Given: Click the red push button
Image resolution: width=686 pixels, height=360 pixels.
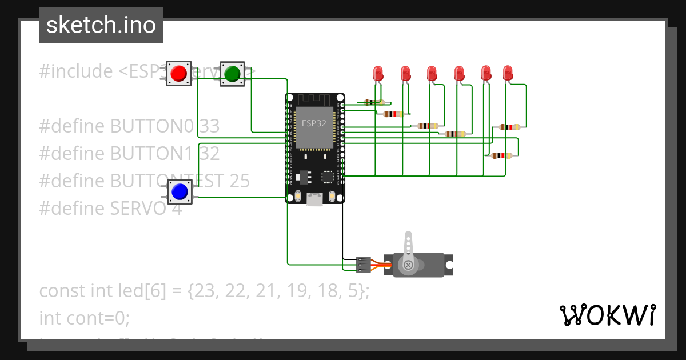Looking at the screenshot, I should click(x=178, y=74).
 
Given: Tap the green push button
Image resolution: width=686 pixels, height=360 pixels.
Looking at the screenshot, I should click(x=232, y=74).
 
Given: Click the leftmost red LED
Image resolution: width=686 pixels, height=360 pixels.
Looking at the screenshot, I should click(x=378, y=73).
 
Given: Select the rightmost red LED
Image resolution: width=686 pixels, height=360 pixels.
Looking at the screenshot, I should click(x=508, y=73).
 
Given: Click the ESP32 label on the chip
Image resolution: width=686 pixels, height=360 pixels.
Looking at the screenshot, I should click(x=314, y=123).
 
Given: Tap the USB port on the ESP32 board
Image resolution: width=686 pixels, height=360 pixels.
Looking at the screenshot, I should click(x=315, y=199).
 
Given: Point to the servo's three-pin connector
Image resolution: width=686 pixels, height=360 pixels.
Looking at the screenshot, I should click(x=363, y=264).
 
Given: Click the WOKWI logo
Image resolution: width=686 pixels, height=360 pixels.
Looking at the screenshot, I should click(x=607, y=315).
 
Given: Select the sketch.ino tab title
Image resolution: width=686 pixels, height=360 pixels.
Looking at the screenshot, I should click(x=101, y=25).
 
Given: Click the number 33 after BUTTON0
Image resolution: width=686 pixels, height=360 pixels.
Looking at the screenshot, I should click(x=209, y=126).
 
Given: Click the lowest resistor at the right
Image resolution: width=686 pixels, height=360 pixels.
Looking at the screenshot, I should click(x=501, y=155).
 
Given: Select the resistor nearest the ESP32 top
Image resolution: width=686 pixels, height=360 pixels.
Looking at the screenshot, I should click(x=374, y=103).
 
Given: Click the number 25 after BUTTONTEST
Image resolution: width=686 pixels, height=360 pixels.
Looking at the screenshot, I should click(x=239, y=181).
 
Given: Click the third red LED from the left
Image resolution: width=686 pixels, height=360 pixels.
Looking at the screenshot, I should click(x=432, y=73).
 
